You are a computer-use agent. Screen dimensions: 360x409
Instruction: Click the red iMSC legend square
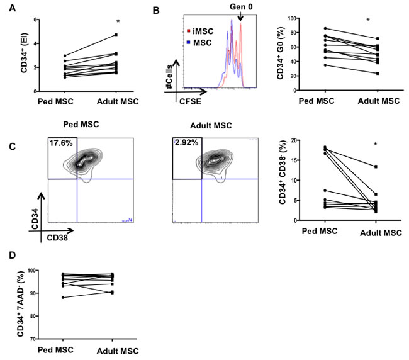[187, 29]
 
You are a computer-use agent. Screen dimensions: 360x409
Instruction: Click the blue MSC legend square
[187, 40]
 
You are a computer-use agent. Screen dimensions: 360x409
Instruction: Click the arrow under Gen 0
[241, 18]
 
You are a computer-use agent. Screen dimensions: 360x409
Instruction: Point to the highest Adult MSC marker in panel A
[116, 35]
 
